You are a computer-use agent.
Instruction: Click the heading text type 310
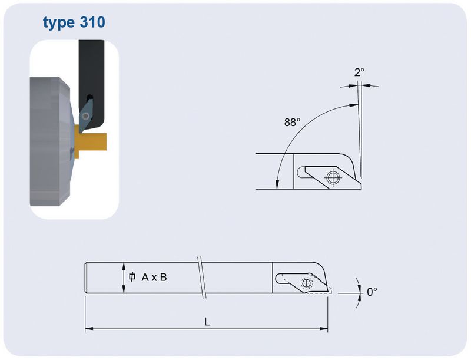tap(74, 22)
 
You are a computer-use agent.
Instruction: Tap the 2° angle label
tap(359, 72)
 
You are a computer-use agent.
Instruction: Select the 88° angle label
tap(292, 123)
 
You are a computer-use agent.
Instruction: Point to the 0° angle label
tap(372, 292)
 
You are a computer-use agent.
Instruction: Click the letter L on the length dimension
tap(207, 322)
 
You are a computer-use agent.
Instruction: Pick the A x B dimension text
tap(154, 278)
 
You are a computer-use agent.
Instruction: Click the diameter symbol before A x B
tap(132, 277)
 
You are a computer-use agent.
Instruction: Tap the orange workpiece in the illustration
tap(91, 141)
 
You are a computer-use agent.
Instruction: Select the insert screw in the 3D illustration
tap(85, 115)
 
